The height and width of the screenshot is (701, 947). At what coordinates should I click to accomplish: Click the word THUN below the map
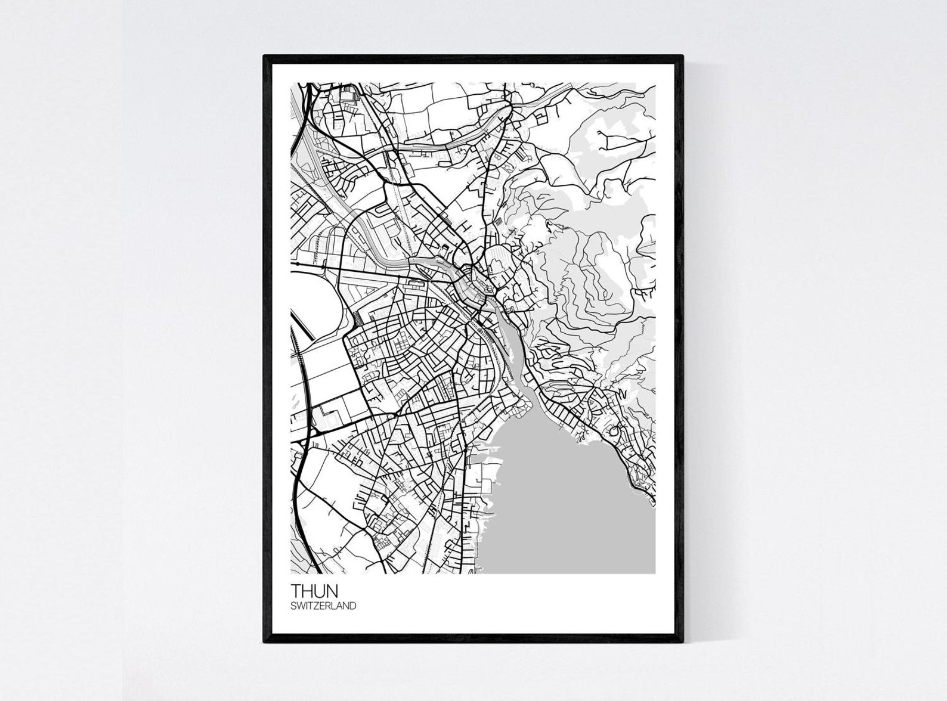click(x=314, y=591)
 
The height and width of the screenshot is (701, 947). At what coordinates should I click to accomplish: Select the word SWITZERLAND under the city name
click(x=323, y=606)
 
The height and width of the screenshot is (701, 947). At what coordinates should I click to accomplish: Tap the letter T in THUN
click(x=296, y=591)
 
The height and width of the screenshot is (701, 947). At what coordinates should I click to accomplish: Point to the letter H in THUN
click(x=307, y=591)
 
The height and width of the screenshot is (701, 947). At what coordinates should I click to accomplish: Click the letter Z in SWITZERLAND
click(x=317, y=606)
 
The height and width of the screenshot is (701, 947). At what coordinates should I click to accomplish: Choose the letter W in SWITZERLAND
click(x=301, y=606)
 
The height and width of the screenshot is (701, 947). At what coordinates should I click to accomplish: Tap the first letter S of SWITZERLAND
click(x=293, y=606)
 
